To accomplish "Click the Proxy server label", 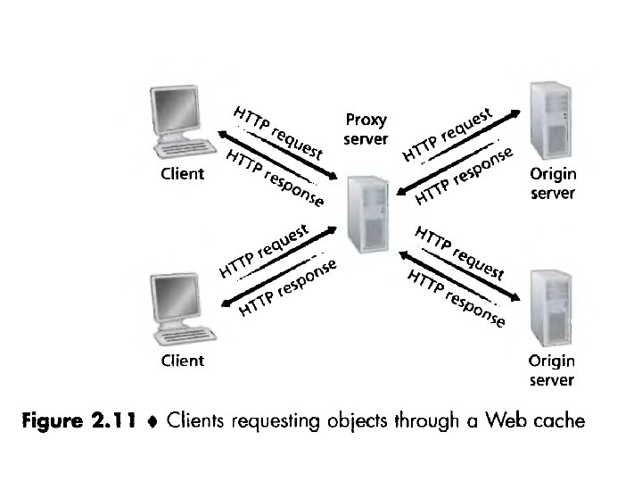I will pos(366,130).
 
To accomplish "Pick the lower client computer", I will pos(181,309).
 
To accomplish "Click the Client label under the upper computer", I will pos(182,173).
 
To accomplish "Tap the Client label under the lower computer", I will pos(182,361).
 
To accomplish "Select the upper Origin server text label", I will pos(552,183).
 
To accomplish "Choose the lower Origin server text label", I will pos(552,370).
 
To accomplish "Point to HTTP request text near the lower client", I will pos(265,249).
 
